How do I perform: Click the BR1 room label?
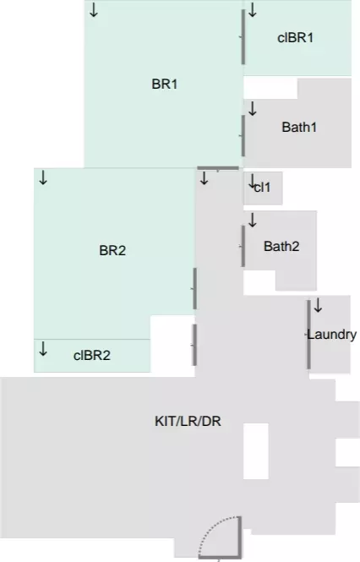[x=164, y=85]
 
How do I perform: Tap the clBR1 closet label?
[x=296, y=38]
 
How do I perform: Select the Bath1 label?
[x=299, y=128]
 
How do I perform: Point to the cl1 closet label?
[x=262, y=187]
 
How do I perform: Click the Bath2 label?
[x=281, y=246]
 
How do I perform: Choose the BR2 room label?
[x=112, y=250]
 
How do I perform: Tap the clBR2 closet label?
[x=92, y=356]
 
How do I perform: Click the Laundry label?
[x=331, y=335]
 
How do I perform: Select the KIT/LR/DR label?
[x=188, y=421]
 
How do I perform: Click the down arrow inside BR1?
[x=94, y=10]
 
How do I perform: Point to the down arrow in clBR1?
[x=253, y=10]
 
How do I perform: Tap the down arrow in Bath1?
[x=253, y=109]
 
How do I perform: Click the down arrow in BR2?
[x=43, y=177]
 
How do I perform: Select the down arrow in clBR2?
[x=43, y=348]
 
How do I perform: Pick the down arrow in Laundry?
[x=318, y=305]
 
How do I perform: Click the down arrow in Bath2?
[x=253, y=220]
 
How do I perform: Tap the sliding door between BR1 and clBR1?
[x=243, y=37]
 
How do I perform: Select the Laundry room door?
[x=308, y=335]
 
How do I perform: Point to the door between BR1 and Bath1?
[x=243, y=136]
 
